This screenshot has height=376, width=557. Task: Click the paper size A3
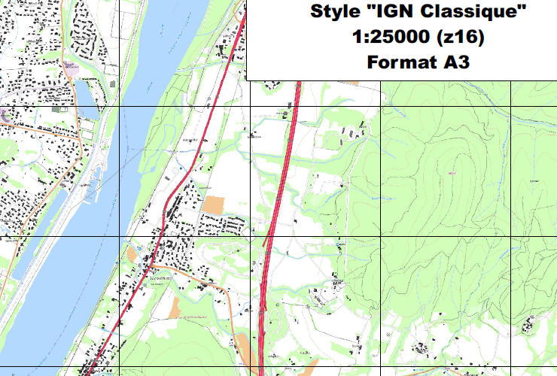pos(455,62)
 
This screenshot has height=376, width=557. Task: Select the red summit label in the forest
pos(452,172)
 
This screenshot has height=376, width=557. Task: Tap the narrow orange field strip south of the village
pos(176,308)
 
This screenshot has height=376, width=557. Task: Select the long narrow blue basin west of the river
pos(30,248)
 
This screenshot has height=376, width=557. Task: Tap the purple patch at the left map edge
pos(5,115)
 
